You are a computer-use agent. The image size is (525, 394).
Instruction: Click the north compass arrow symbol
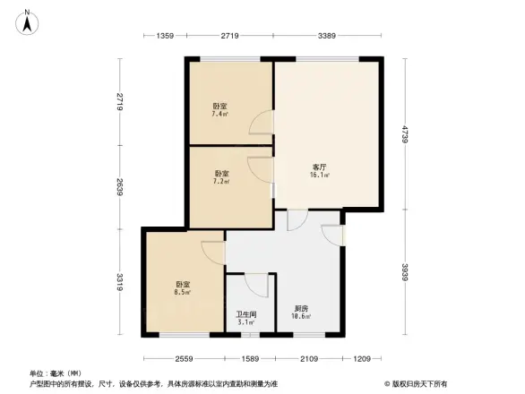tap(29, 21)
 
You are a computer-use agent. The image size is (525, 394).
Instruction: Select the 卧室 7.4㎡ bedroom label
tap(219, 110)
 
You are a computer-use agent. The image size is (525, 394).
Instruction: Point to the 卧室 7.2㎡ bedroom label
tap(220, 176)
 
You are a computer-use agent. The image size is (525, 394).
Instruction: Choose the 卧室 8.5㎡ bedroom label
tap(182, 287)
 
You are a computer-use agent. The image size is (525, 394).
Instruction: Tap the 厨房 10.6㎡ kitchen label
tap(303, 313)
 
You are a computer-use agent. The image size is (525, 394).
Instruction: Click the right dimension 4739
tap(405, 134)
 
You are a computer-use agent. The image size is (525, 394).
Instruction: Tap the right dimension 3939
tap(405, 274)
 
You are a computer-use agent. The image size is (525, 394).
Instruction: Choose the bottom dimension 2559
tap(184, 358)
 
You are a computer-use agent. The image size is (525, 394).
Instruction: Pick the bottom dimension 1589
tap(250, 358)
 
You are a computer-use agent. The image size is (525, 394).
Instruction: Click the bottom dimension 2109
tap(309, 358)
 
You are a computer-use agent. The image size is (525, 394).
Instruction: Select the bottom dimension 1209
tap(362, 358)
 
